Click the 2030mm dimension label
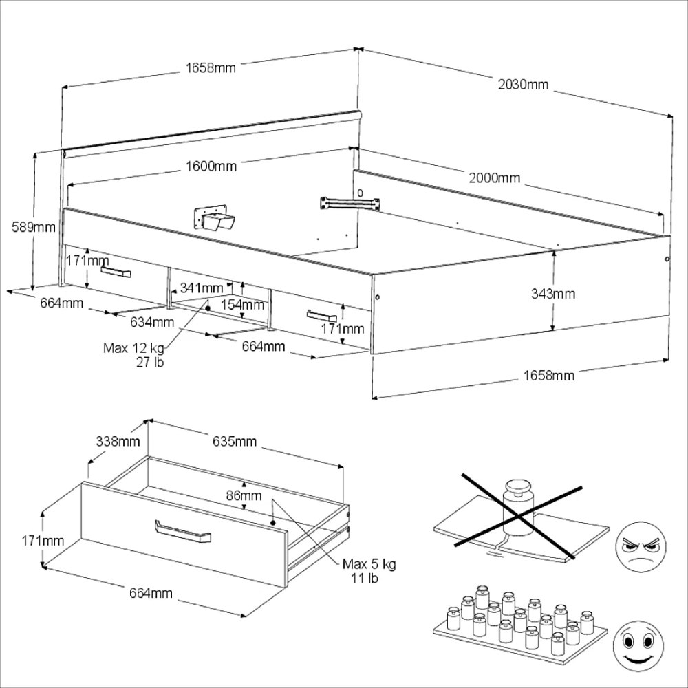point(524,85)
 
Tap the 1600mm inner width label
point(211,166)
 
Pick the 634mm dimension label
point(152,321)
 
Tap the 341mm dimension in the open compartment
point(201,287)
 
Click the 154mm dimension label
point(243,303)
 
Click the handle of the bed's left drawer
point(115,272)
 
